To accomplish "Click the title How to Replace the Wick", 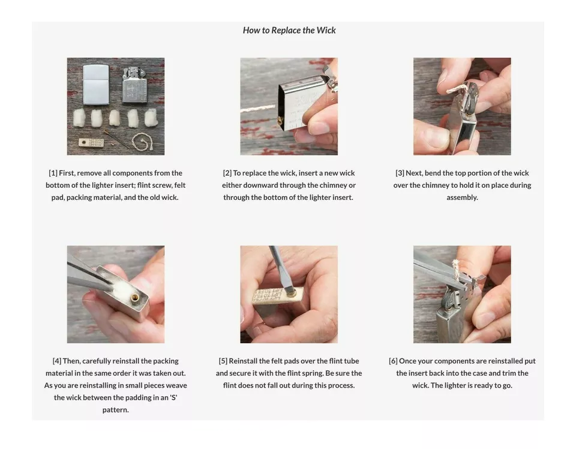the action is [289, 30].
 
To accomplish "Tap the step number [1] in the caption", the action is [53, 173].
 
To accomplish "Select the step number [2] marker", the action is [227, 173].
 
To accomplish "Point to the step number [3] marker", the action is [400, 173].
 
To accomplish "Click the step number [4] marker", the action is [57, 361].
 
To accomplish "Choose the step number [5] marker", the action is [223, 361].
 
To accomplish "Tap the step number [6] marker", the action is [393, 361].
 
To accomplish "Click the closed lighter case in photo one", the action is [96, 84].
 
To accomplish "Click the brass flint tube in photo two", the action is [280, 120].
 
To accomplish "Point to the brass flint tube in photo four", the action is [136, 297].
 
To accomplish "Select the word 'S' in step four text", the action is [174, 397].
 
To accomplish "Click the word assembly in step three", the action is [462, 197].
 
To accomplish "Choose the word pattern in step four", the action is [115, 410].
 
